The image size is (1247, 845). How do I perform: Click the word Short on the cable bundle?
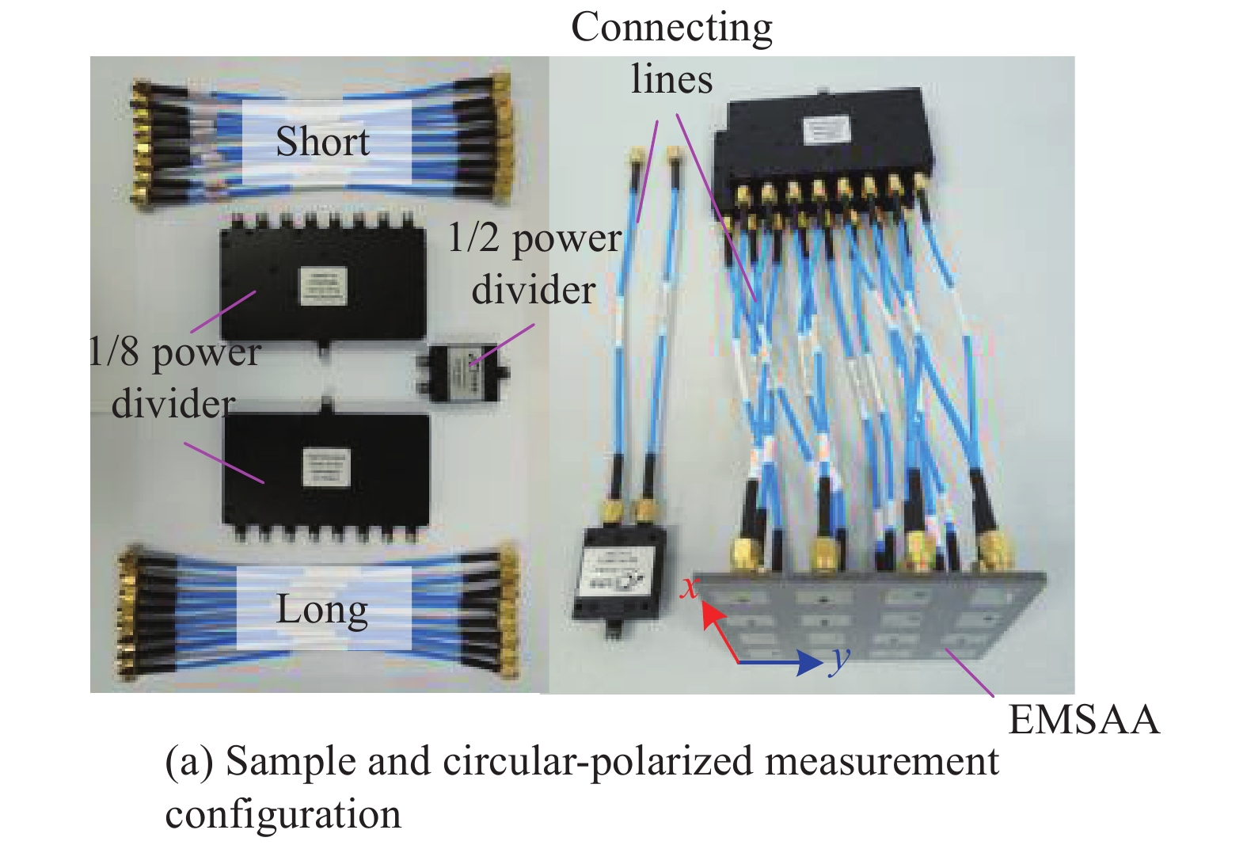(x=322, y=143)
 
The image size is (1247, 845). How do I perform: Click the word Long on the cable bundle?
(x=322, y=611)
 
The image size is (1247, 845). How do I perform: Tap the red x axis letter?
(x=691, y=587)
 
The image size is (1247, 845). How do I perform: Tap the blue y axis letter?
(x=838, y=659)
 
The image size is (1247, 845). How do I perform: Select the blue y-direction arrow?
(x=780, y=662)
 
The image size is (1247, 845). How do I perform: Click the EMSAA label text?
(x=1083, y=720)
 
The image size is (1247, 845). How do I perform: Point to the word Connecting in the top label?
(x=671, y=28)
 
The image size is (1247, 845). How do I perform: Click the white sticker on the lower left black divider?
(x=326, y=467)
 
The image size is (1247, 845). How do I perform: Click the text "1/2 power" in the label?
(x=534, y=238)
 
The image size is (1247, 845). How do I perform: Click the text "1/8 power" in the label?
(x=175, y=352)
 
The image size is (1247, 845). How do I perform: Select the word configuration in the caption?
(x=283, y=814)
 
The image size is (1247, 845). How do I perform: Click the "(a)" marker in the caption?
(x=188, y=762)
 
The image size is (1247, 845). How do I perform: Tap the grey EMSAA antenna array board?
(x=871, y=618)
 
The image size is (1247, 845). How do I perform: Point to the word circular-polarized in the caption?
(x=598, y=762)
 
